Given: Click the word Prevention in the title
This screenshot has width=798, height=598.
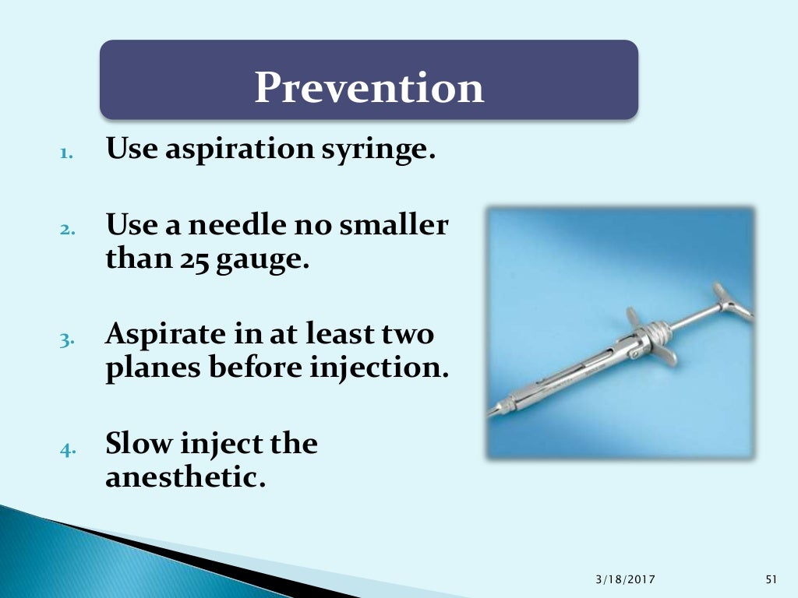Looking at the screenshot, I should [369, 87].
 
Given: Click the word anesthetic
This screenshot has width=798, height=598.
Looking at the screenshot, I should [185, 476].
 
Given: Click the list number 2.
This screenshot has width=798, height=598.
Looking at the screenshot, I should [67, 229].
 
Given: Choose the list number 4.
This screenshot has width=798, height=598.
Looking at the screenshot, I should [67, 448].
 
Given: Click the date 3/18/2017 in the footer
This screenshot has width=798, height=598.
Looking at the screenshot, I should [624, 579].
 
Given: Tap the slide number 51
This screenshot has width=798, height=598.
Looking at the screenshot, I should [772, 579].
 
